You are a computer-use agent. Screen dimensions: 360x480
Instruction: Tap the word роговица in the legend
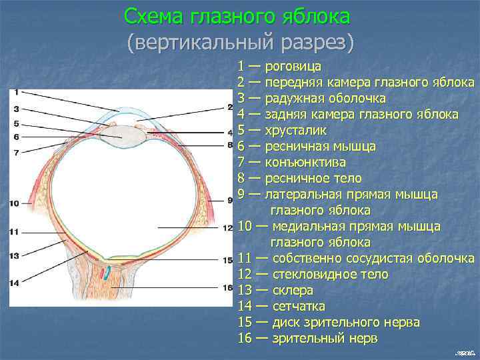293,67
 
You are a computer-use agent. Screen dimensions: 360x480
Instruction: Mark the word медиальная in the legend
309,227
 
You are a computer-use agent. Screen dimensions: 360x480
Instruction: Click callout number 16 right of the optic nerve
227,288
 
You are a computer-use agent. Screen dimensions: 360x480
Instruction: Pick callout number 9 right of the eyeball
229,199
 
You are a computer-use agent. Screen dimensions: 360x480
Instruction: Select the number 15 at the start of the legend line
244,323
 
